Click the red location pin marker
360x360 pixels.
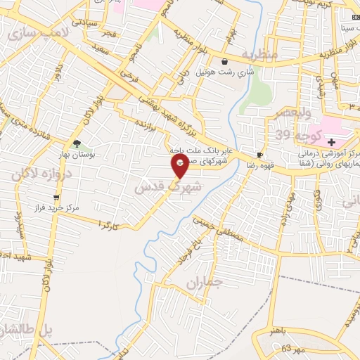(180, 166)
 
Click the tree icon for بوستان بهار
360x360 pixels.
(77, 144)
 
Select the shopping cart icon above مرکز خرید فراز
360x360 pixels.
(56, 198)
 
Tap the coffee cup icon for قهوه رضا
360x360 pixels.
(260, 155)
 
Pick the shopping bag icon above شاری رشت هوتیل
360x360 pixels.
(224, 62)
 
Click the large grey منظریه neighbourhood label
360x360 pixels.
(260, 53)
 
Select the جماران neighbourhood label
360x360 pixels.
(205, 283)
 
